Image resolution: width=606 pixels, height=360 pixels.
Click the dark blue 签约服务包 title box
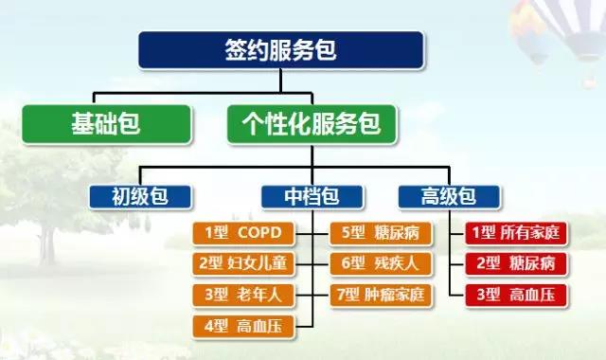[x=281, y=50]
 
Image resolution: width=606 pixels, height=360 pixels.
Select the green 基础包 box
[x=107, y=124]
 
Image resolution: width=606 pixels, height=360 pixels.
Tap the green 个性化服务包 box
[x=312, y=124]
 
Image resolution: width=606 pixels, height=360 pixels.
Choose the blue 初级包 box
[x=140, y=197]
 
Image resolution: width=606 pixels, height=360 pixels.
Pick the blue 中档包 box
[x=312, y=197]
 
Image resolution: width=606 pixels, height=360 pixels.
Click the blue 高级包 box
[x=449, y=197]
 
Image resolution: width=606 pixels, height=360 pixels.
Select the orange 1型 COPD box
[x=243, y=233]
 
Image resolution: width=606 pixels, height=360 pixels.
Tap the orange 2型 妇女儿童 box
[x=243, y=263]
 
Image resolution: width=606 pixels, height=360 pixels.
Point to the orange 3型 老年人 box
[x=243, y=295]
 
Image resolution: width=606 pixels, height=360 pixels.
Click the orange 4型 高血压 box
[x=243, y=327]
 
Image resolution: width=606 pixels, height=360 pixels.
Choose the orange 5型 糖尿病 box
[x=381, y=233]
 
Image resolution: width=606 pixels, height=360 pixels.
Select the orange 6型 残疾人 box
[x=381, y=263]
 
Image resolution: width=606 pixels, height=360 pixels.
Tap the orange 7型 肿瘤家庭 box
[x=381, y=295]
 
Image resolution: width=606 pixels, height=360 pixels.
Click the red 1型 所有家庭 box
[x=516, y=233]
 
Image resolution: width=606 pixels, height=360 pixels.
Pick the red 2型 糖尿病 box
[x=516, y=263]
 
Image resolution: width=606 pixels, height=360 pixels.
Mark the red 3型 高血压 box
[x=516, y=295]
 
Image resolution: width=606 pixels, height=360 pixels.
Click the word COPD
[x=259, y=233]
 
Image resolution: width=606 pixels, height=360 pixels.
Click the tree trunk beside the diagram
[x=46, y=243]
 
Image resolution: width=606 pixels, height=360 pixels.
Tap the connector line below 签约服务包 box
[x=281, y=81]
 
